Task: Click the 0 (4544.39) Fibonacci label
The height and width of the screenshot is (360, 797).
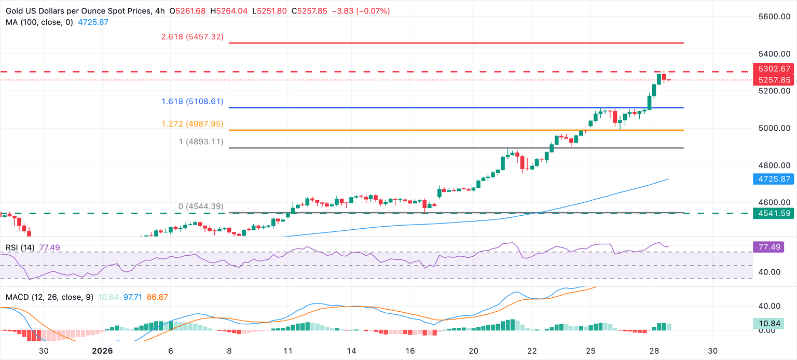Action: [201, 206]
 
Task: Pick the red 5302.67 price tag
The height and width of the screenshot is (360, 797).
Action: [774, 68]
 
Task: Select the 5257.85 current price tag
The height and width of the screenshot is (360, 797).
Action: [774, 80]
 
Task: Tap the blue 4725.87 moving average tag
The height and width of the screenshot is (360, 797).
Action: [774, 178]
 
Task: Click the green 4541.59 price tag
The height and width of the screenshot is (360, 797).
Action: [774, 213]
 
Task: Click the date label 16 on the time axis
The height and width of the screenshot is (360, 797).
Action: [410, 351]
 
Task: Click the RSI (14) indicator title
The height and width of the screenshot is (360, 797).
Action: [20, 248]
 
